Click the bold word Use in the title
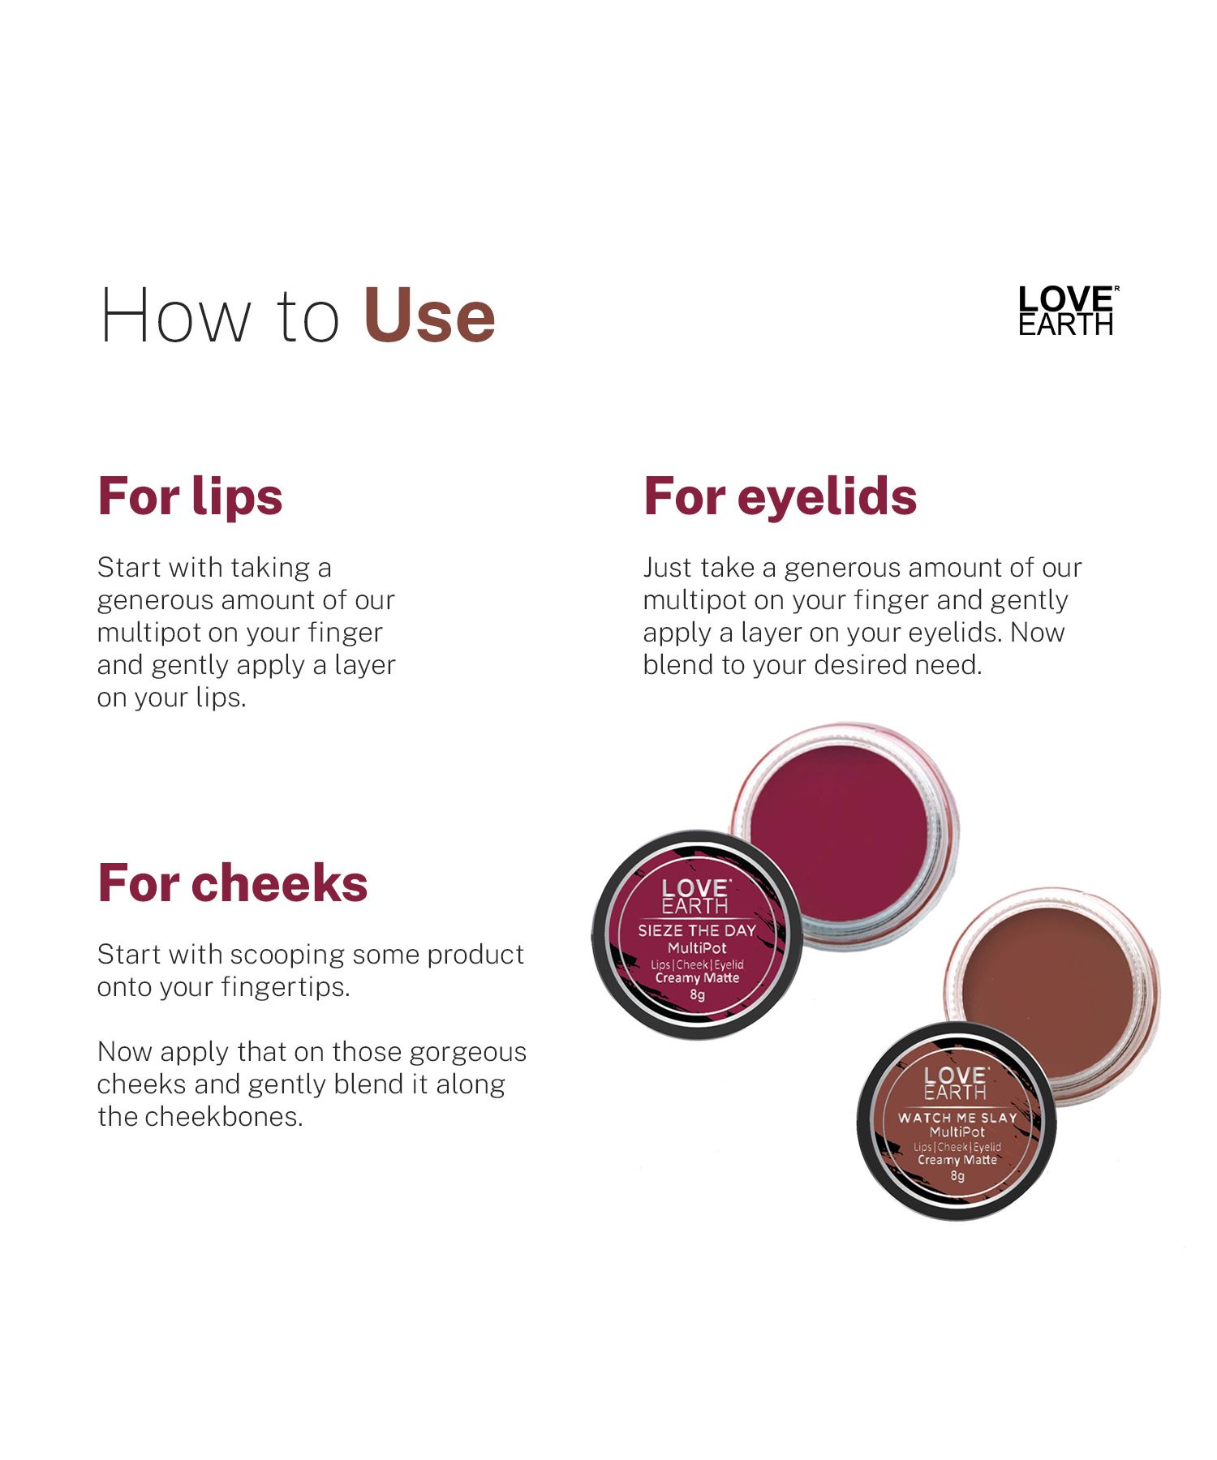429,316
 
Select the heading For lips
190,496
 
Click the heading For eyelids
780,496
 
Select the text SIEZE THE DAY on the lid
697,930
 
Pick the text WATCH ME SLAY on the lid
957,1118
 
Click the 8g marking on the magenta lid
697,995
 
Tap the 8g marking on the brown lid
957,1175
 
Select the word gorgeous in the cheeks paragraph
467,1053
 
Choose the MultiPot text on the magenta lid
697,948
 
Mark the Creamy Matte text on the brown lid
957,1160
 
